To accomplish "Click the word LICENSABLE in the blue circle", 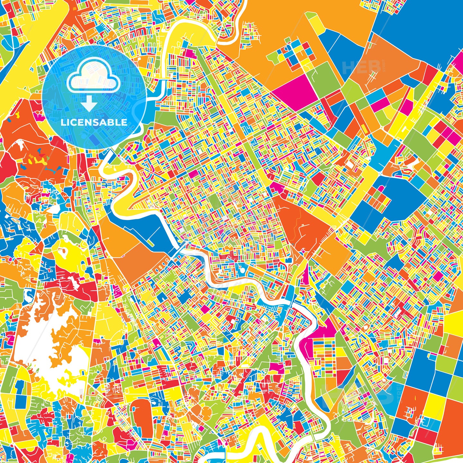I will [94, 122].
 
